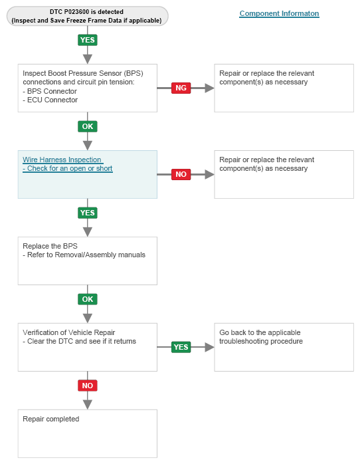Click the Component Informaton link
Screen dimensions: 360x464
[x=279, y=13]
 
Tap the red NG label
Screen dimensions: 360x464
[x=181, y=88]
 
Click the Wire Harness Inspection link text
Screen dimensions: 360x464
[x=62, y=160]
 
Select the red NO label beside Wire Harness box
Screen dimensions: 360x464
[x=181, y=174]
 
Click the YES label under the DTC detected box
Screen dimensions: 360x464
[x=88, y=40]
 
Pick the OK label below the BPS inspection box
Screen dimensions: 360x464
[x=88, y=126]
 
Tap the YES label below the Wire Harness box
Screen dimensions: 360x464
[x=88, y=213]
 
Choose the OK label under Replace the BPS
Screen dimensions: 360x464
[x=88, y=299]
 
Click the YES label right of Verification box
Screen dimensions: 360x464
[x=181, y=347]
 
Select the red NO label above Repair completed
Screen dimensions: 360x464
[x=88, y=386]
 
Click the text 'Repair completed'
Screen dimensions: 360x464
[x=51, y=419]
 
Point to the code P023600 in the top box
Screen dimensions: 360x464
[x=76, y=12]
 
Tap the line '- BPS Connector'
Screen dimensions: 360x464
[x=50, y=91]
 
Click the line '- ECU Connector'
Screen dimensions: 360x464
[x=50, y=100]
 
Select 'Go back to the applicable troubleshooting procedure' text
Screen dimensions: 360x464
[x=261, y=337]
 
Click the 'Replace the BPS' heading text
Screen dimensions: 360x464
[x=50, y=246]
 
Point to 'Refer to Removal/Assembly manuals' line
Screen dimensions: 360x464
[x=86, y=255]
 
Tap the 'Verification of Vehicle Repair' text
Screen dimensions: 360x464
[x=69, y=332]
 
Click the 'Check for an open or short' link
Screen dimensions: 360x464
[x=68, y=168]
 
